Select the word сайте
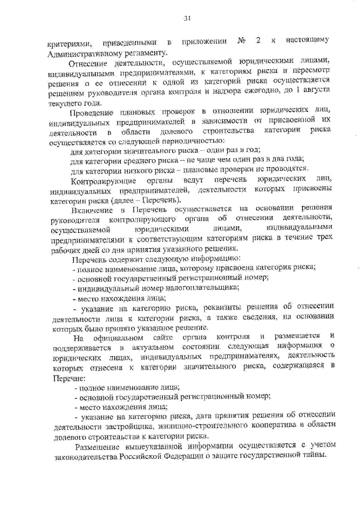click(x=163, y=337)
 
